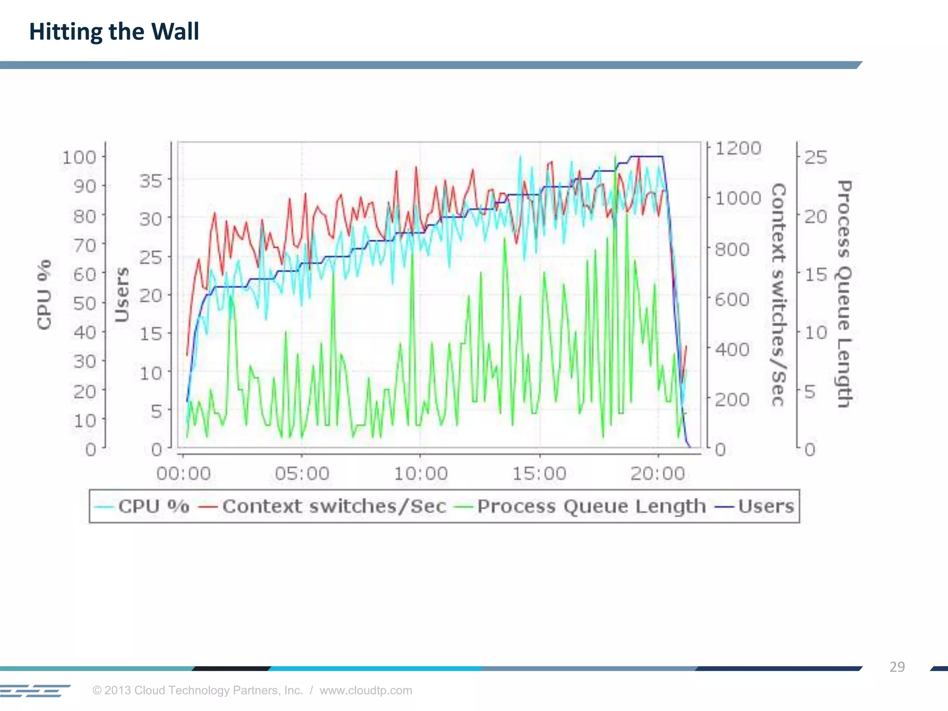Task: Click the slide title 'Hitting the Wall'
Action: coord(114,32)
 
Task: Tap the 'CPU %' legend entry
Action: coord(142,506)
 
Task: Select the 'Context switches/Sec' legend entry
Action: coord(322,506)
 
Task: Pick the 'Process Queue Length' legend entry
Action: coord(580,506)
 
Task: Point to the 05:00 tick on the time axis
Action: coord(302,474)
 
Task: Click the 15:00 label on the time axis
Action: coord(539,474)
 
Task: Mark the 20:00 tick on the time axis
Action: coord(658,474)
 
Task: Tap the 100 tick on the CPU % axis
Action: coord(80,157)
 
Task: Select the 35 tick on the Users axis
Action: coord(151,181)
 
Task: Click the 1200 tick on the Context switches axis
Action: coord(738,149)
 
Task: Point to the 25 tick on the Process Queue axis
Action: coord(816,157)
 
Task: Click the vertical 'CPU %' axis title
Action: coord(44,294)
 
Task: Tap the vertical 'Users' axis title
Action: coord(122,294)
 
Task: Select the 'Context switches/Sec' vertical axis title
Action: coord(779,294)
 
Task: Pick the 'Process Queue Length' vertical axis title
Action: coord(845,294)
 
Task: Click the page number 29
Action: coord(897,667)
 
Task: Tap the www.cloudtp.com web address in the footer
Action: coord(366,690)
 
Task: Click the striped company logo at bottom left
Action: coord(35,690)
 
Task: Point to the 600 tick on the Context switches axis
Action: coord(732,299)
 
